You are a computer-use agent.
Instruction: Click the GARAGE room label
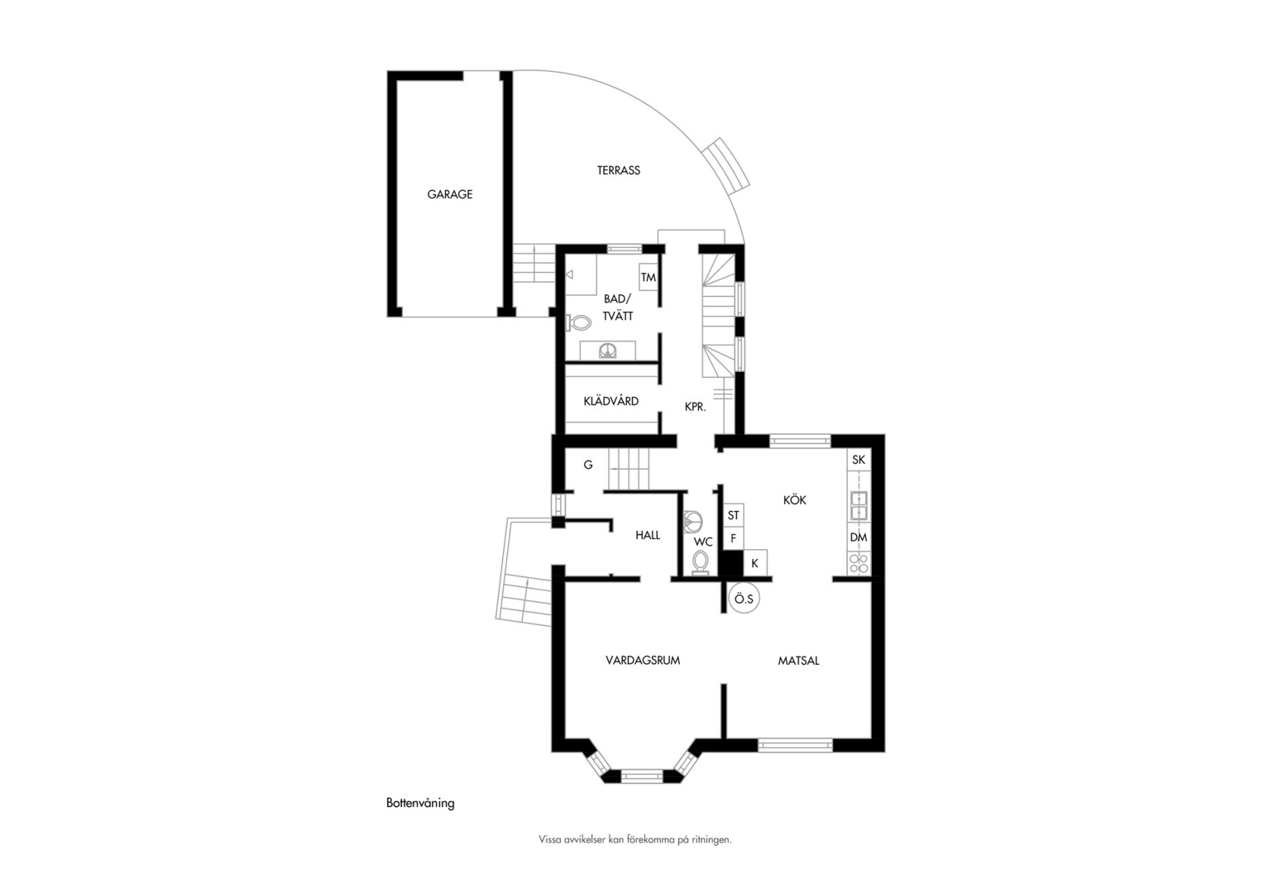pyautogui.click(x=450, y=194)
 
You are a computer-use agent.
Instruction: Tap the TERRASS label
pyautogui.click(x=619, y=170)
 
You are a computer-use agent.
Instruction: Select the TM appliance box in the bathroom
pyautogui.click(x=649, y=277)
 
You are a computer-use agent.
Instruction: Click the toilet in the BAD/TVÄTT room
pyautogui.click(x=578, y=322)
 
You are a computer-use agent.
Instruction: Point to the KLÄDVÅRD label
pyautogui.click(x=611, y=401)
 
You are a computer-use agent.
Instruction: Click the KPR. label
pyautogui.click(x=695, y=407)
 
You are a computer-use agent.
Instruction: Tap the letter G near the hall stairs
pyautogui.click(x=588, y=465)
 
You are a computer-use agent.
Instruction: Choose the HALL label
pyautogui.click(x=647, y=535)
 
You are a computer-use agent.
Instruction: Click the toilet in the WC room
pyautogui.click(x=701, y=562)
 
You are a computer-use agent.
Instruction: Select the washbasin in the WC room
pyautogui.click(x=692, y=522)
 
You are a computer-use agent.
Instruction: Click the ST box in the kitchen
pyautogui.click(x=734, y=515)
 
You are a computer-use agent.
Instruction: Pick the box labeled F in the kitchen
pyautogui.click(x=734, y=538)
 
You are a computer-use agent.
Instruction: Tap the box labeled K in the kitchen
pyautogui.click(x=755, y=562)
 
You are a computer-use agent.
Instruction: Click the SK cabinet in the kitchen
pyautogui.click(x=859, y=460)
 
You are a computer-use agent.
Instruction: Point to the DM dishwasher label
pyautogui.click(x=859, y=537)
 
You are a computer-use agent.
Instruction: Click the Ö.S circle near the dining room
pyautogui.click(x=744, y=599)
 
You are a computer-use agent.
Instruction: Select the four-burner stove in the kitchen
pyautogui.click(x=859, y=563)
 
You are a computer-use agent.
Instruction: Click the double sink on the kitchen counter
pyautogui.click(x=859, y=505)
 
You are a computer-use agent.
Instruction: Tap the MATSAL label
pyautogui.click(x=798, y=661)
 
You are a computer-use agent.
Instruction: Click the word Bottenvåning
pyautogui.click(x=420, y=803)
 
